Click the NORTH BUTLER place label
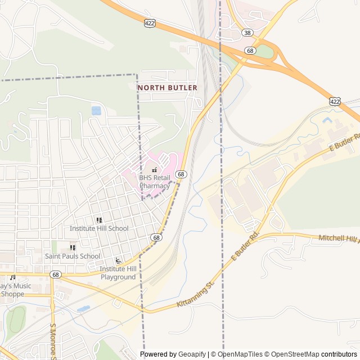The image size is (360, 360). (168, 88)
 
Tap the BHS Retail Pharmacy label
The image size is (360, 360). (154, 182)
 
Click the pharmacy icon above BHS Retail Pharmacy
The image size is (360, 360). (154, 169)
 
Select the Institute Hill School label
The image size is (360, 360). (99, 228)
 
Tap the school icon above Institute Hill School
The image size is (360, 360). (99, 220)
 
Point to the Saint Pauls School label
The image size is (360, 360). (73, 256)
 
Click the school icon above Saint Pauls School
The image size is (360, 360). (73, 247)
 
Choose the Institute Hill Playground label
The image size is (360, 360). (118, 273)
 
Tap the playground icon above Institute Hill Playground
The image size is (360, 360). (118, 260)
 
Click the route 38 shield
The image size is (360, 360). (247, 33)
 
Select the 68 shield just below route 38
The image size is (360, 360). (250, 51)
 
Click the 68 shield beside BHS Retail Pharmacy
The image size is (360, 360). (181, 174)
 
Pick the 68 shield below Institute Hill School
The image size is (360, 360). (156, 238)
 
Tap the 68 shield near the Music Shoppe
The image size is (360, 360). (55, 274)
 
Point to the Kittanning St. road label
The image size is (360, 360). (196, 295)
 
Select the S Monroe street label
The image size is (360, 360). (53, 341)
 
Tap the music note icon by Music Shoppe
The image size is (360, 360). (12, 277)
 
